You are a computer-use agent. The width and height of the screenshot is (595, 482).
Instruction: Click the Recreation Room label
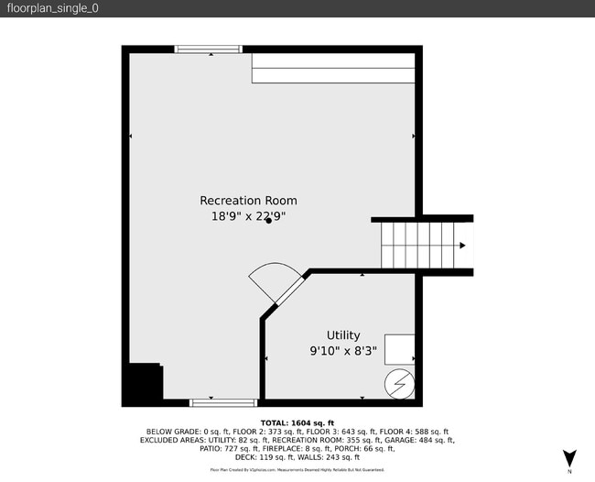pyautogui.click(x=248, y=201)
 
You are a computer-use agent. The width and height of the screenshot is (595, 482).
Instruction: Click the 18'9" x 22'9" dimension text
pyautogui.click(x=248, y=216)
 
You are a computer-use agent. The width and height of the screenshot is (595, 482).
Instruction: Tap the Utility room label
pyautogui.click(x=343, y=335)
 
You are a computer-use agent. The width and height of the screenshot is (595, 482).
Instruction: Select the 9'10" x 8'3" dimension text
pyautogui.click(x=343, y=350)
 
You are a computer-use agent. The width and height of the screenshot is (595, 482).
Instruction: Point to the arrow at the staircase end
pyautogui.click(x=463, y=246)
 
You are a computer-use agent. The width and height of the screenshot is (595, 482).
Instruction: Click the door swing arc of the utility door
pyautogui.click(x=274, y=279)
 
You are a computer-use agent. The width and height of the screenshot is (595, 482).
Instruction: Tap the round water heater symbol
pyautogui.click(x=398, y=384)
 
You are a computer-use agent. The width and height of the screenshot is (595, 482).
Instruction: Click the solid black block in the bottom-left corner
pyautogui.click(x=143, y=383)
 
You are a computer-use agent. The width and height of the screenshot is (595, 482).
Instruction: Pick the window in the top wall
pyautogui.click(x=210, y=49)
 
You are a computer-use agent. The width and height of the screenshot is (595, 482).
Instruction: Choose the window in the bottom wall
pyautogui.click(x=223, y=402)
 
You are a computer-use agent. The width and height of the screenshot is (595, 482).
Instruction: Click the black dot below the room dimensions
pyautogui.click(x=268, y=223)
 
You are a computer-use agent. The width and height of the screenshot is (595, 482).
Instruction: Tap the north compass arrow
pyautogui.click(x=569, y=457)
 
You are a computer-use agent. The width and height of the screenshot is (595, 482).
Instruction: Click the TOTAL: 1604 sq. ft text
pyautogui.click(x=297, y=422)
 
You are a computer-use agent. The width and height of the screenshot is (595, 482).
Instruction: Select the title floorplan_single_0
pyautogui.click(x=53, y=8)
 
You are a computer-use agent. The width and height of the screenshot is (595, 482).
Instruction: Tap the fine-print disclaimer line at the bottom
pyautogui.click(x=297, y=469)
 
